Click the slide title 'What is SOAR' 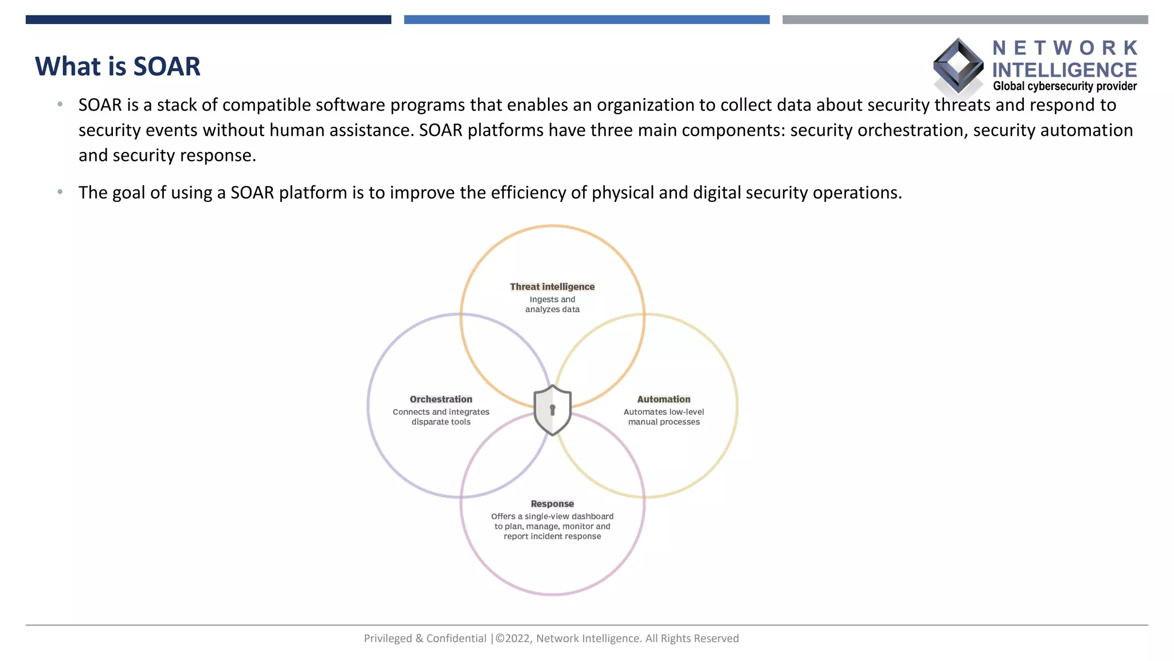[118, 67]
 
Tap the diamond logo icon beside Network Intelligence [958, 66]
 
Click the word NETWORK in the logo [1065, 48]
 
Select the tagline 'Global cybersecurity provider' [1065, 87]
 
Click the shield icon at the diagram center [552, 410]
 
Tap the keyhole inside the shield [553, 410]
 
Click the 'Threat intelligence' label [552, 287]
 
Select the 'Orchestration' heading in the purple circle [441, 399]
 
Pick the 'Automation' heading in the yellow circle [664, 399]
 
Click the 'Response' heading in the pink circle [552, 504]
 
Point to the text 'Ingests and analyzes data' [552, 305]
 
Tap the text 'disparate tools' [441, 422]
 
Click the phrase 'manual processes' [664, 422]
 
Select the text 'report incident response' [552, 536]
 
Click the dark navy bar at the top [208, 20]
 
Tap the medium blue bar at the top [586, 20]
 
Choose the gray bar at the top [965, 20]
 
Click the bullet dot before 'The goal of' [60, 192]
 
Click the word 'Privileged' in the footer [388, 639]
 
